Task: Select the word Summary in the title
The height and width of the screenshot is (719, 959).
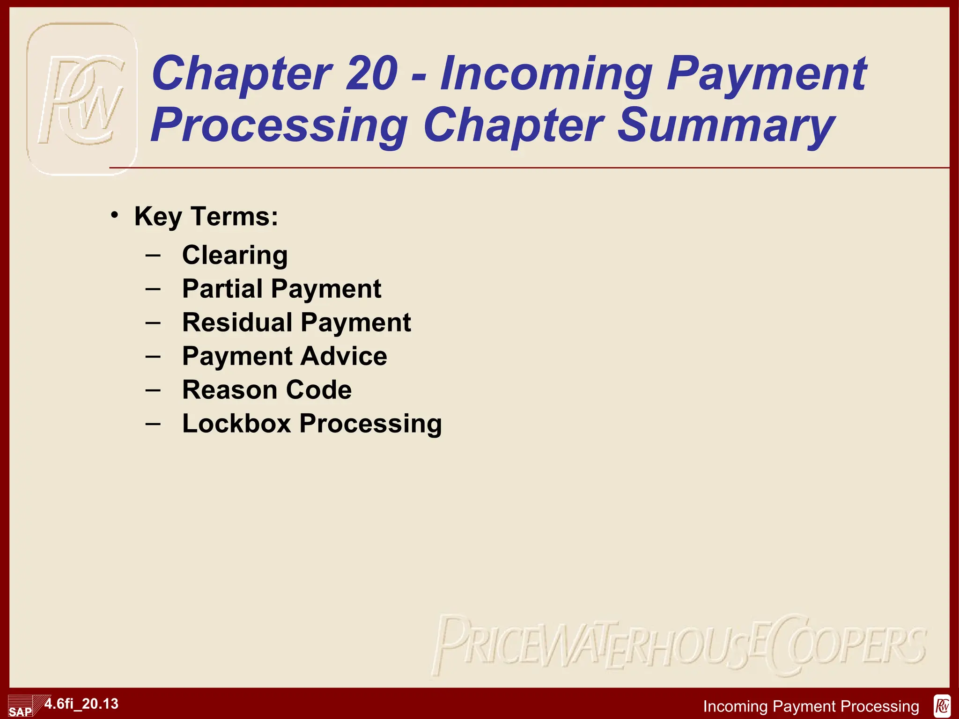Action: pos(725,125)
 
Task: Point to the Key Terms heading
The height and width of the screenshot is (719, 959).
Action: pos(206,216)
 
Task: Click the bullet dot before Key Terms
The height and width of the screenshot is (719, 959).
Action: pos(114,215)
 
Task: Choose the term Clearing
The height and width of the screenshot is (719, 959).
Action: pos(235,255)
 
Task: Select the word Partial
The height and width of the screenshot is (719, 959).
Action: pos(222,288)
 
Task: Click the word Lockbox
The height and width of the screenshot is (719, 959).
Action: pos(236,424)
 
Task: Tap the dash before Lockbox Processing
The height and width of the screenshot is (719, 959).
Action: pos(153,424)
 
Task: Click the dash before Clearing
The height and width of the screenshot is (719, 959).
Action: pos(153,256)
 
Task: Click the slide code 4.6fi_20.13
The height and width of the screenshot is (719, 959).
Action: pos(81,704)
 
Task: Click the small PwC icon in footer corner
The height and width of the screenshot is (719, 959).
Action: pos(942,706)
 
